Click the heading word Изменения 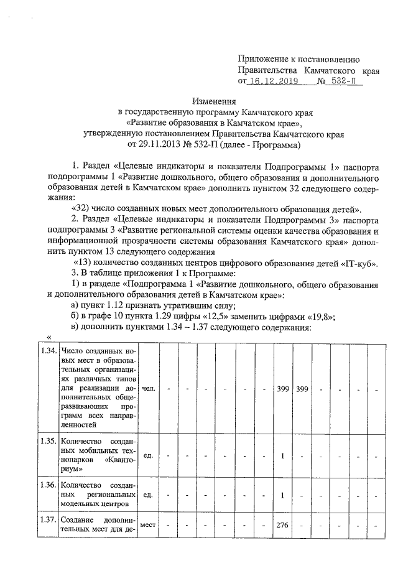point(213,101)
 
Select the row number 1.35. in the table point(49,442)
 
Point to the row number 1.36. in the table point(49,483)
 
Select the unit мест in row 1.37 point(148,525)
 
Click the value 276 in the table point(283,526)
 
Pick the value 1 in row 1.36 point(282,495)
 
